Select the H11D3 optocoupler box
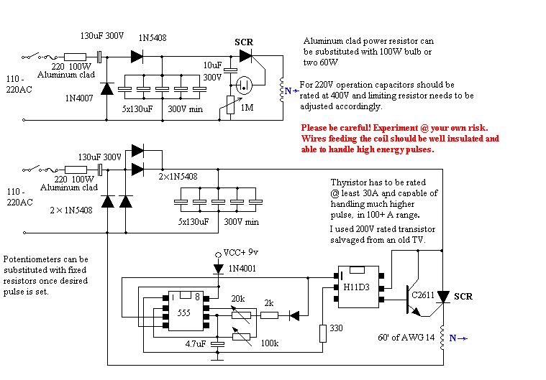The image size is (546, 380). (x=359, y=287)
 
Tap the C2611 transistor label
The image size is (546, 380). (x=423, y=295)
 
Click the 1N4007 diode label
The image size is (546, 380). (x=79, y=98)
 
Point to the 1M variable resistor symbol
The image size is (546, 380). (x=230, y=105)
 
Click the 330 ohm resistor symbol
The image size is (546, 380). (x=323, y=333)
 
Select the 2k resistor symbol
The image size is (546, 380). (x=270, y=315)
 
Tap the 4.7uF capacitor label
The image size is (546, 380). (x=196, y=344)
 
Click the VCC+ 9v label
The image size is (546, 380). (x=240, y=252)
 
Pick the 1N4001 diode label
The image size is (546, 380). (x=242, y=269)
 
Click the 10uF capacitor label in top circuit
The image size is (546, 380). (x=212, y=65)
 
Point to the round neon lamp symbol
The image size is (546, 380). (x=244, y=85)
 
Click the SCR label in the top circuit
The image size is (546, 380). (x=244, y=42)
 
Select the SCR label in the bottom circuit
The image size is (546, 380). (x=463, y=297)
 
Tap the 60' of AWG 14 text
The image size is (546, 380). (x=406, y=337)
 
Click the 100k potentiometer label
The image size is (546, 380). (x=270, y=343)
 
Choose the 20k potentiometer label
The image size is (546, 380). (x=238, y=299)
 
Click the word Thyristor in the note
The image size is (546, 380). (x=347, y=182)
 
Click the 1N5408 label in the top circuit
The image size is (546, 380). (x=153, y=38)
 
